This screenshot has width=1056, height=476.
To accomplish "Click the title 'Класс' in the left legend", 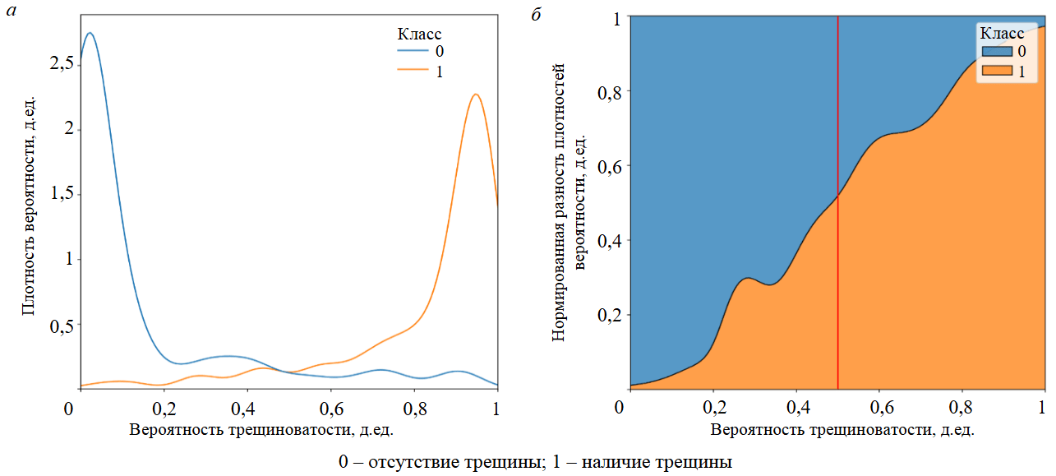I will click(419, 34).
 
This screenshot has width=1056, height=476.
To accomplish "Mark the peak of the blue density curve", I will click(90, 34).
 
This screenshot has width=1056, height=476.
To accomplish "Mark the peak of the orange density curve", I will click(475, 95).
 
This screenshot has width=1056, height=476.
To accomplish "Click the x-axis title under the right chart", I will click(835, 429).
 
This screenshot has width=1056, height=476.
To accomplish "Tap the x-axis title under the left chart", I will click(267, 429).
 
